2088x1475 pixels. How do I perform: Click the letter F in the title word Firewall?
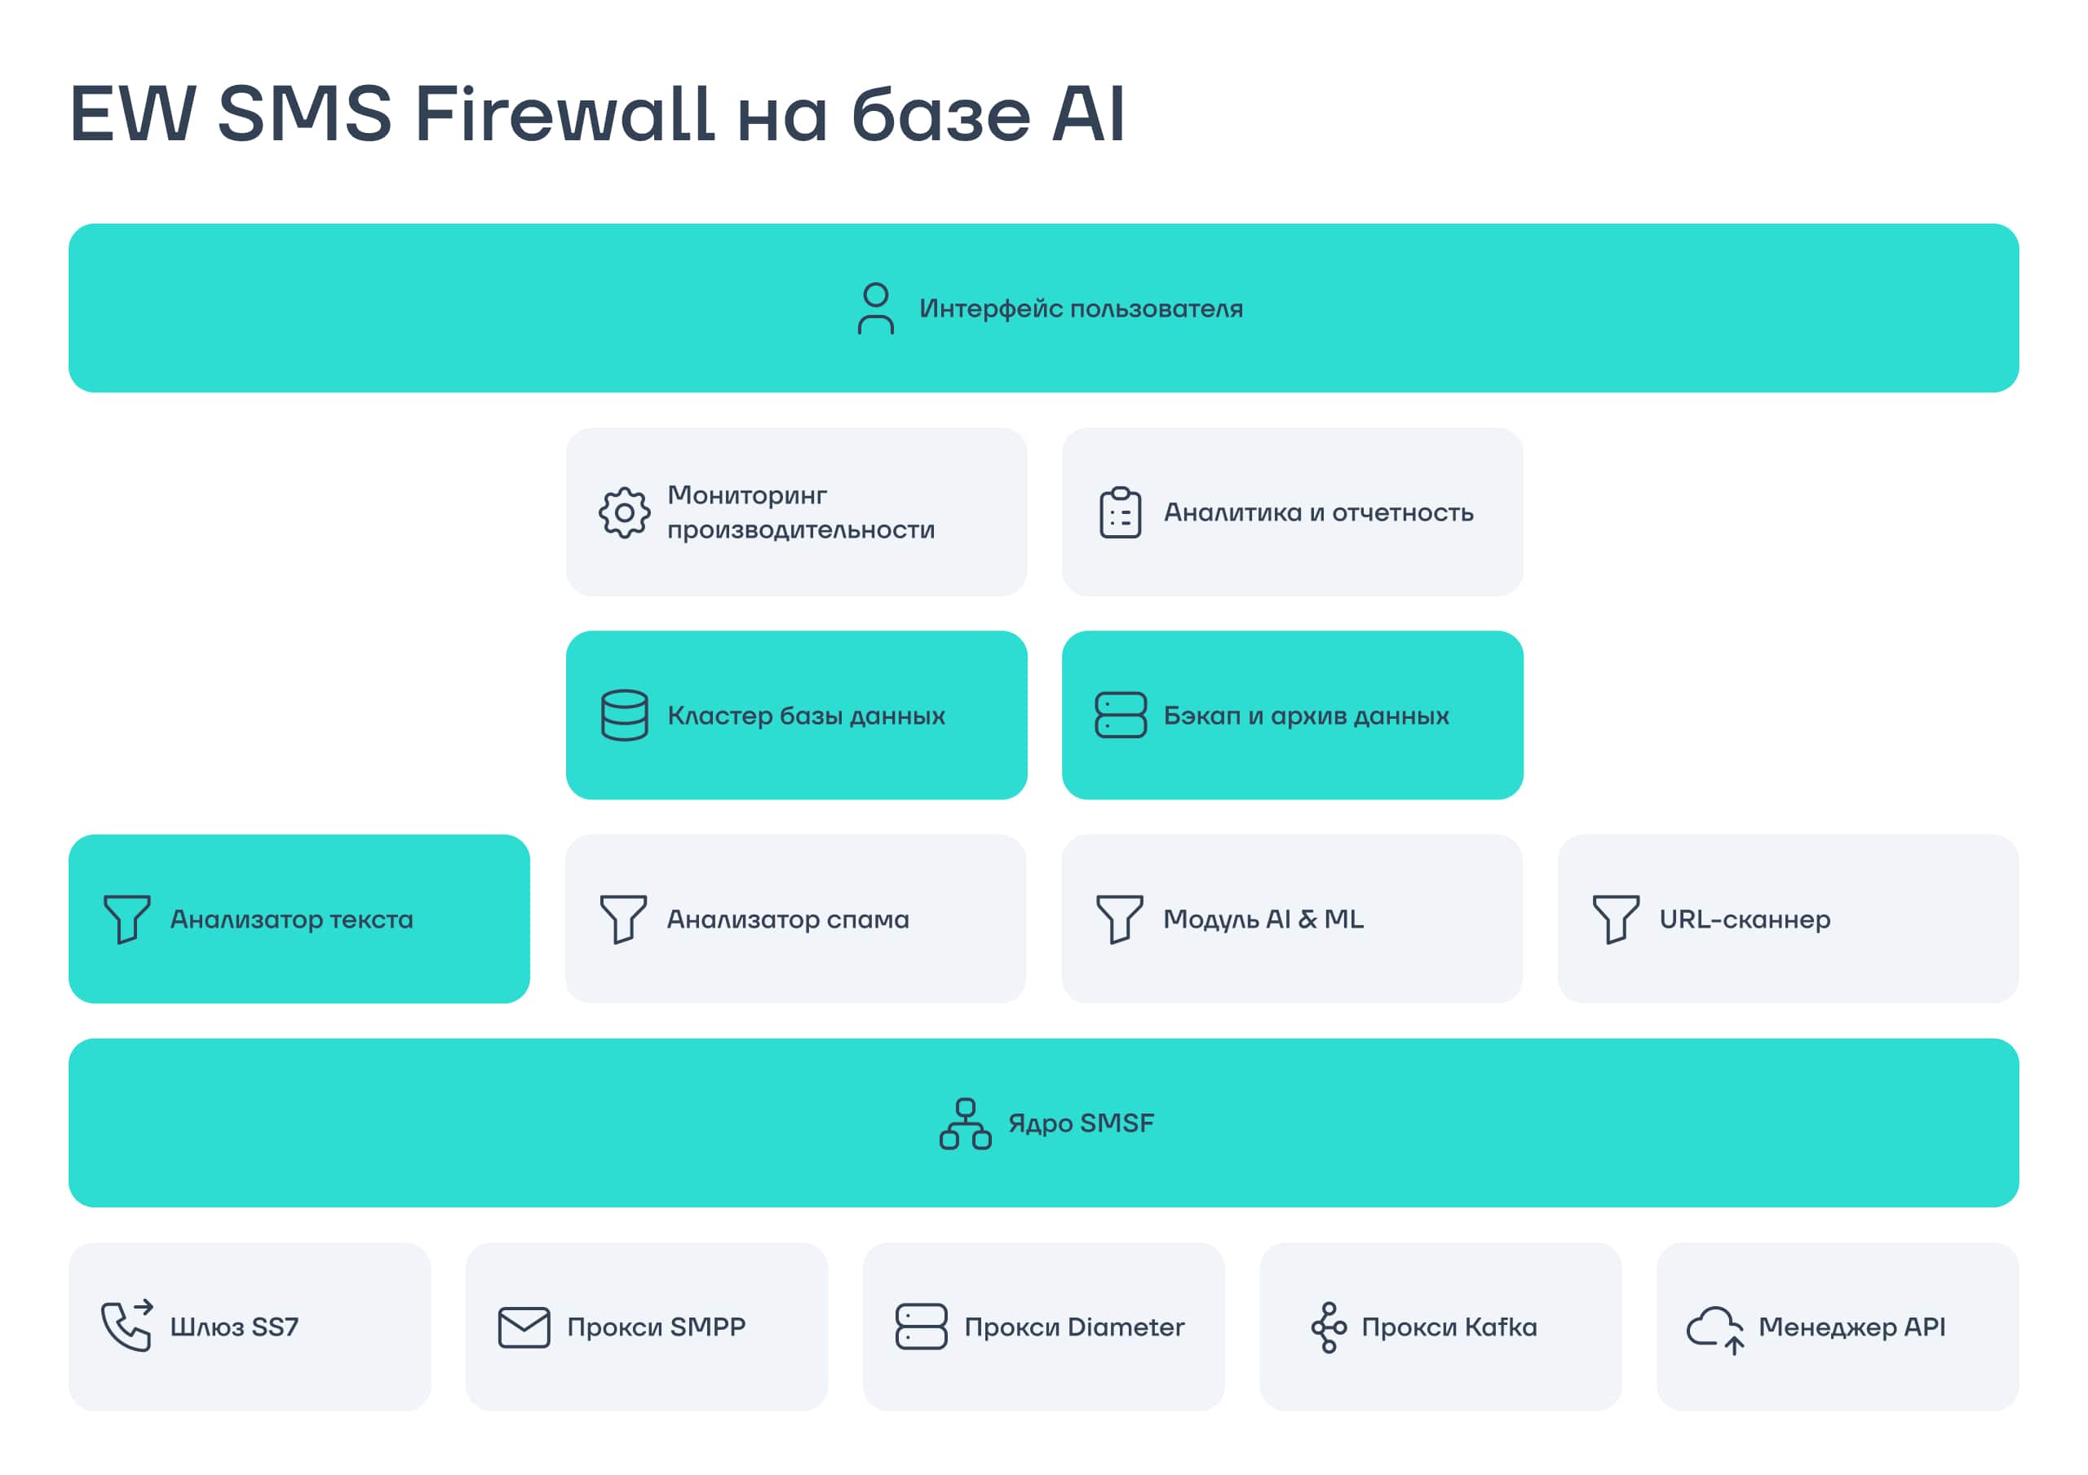click(436, 113)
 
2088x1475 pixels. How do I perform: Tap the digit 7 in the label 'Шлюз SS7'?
click(290, 1327)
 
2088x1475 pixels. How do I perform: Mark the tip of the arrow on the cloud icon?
click(1734, 1338)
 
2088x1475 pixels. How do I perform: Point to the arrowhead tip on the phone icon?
click(153, 1306)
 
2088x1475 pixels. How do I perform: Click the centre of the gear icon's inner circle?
click(625, 513)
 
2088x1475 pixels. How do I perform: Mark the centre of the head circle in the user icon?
click(876, 295)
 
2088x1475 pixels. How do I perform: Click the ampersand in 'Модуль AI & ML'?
click(1307, 919)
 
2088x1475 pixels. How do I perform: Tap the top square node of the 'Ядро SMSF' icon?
click(966, 1107)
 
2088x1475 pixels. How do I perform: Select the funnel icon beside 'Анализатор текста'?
click(126, 919)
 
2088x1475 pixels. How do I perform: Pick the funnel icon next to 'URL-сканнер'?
click(1616, 919)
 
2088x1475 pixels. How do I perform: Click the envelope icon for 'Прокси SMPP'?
click(524, 1327)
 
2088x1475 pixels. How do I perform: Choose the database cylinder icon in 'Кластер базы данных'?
click(625, 715)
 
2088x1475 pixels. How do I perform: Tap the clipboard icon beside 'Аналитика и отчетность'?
click(1121, 513)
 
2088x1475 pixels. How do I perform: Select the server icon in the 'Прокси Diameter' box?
click(921, 1327)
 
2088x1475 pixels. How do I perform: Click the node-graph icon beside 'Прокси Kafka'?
click(1329, 1327)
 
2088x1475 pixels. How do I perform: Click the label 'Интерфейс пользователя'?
click(1082, 309)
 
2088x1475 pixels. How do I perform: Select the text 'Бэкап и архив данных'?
click(1306, 715)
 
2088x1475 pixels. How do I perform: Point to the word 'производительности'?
click(801, 530)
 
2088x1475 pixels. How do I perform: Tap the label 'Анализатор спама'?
click(788, 919)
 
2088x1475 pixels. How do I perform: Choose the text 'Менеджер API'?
click(1851, 1327)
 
